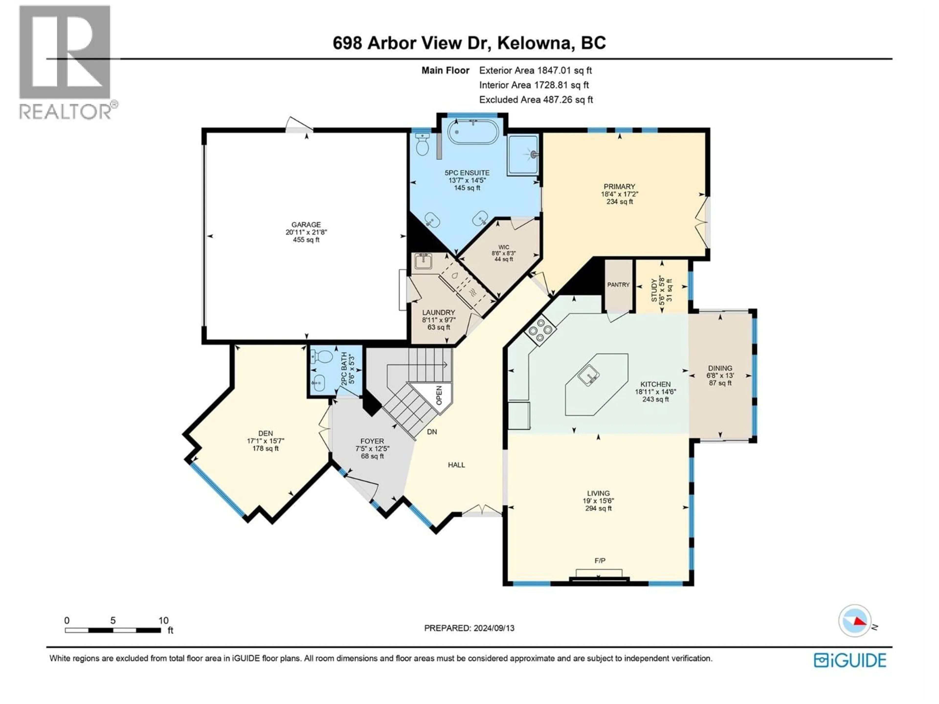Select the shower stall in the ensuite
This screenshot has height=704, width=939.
tap(523, 154)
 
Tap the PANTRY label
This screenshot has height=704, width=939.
tap(618, 285)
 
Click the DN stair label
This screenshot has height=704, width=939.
tap(432, 432)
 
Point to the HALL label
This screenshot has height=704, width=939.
tap(456, 465)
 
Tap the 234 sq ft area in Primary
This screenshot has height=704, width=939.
tap(619, 202)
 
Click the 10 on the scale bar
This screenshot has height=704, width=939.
tap(163, 620)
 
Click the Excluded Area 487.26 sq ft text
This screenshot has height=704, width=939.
tap(536, 100)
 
